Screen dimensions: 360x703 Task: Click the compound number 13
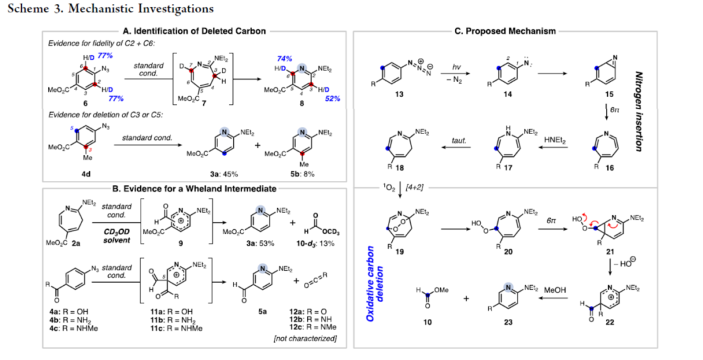coord(398,94)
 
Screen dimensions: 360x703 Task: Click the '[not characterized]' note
coord(309,339)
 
